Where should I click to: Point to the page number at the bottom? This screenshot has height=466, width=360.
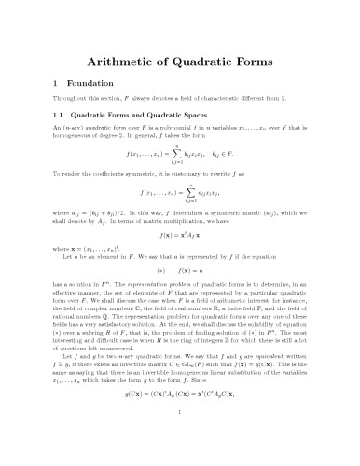coord(180,448)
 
